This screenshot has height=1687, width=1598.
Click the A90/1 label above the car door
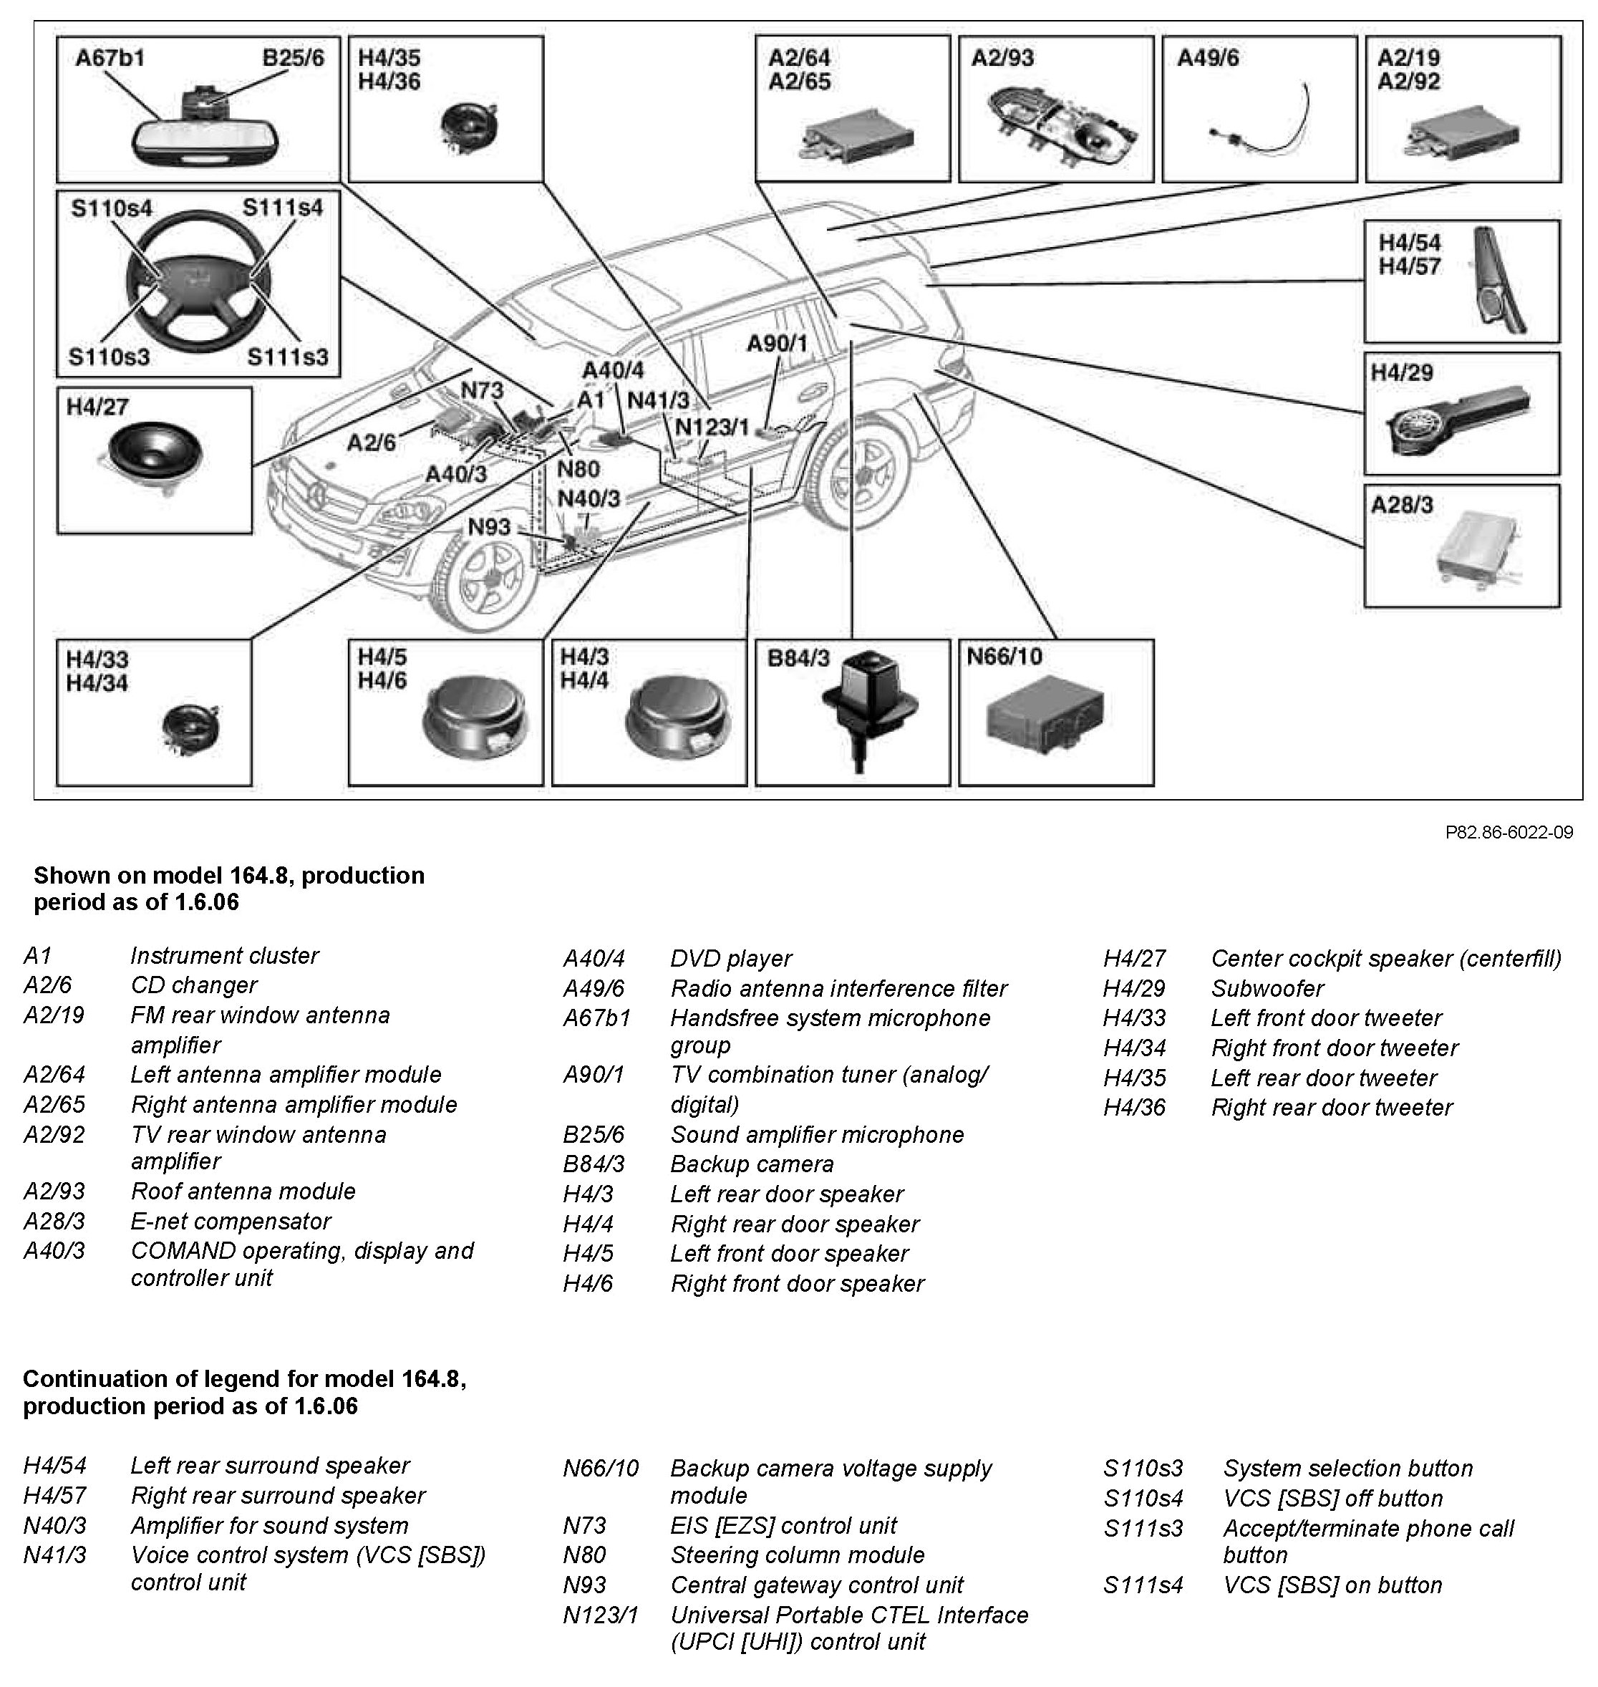[x=776, y=344]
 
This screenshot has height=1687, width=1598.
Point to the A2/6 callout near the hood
[x=372, y=443]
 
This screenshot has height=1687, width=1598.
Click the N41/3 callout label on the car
[x=657, y=400]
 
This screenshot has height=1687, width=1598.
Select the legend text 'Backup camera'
[x=751, y=1164]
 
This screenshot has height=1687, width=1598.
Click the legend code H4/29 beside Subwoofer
[x=1134, y=988]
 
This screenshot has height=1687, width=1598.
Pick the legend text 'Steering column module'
[x=796, y=1555]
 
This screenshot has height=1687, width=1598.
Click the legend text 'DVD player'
[x=731, y=959]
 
